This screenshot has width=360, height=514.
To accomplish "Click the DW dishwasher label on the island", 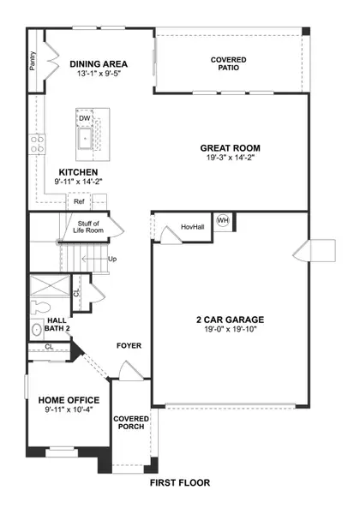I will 84,119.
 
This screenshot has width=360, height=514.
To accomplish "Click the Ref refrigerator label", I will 78,202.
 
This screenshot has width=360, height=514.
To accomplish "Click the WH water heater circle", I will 223,221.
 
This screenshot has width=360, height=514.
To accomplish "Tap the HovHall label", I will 193,227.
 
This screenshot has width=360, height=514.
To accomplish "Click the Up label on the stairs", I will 111,258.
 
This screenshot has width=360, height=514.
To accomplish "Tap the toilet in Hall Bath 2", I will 36,329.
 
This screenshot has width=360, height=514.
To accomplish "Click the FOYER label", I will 129,346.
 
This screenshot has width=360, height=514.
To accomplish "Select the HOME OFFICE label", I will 69,400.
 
